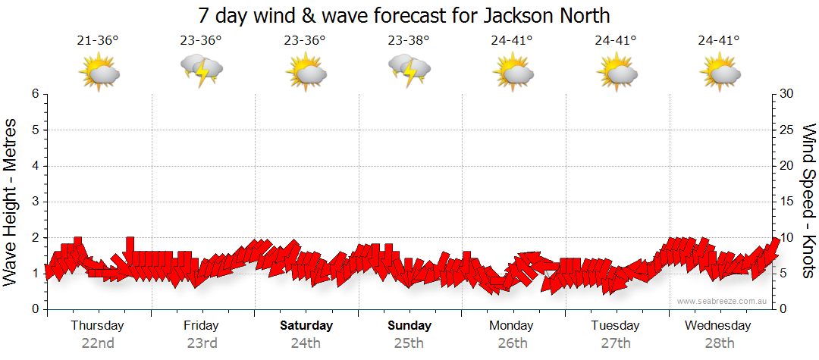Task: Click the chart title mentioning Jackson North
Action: pyautogui.click(x=403, y=15)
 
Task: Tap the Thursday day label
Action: pyautogui.click(x=97, y=326)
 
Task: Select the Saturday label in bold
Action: pyautogui.click(x=306, y=326)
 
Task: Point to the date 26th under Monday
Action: pyautogui.click(x=512, y=343)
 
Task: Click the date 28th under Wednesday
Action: pyautogui.click(x=719, y=343)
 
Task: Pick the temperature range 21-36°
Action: pyautogui.click(x=98, y=41)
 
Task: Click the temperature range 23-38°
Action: pyautogui.click(x=409, y=41)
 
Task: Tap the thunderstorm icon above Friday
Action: pyautogui.click(x=202, y=71)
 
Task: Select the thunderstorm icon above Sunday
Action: pyautogui.click(x=409, y=71)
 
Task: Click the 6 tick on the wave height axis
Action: pyautogui.click(x=35, y=94)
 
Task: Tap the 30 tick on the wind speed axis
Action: pyautogui.click(x=788, y=94)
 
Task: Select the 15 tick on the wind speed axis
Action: pyautogui.click(x=787, y=202)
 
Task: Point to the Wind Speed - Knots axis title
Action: pyautogui.click(x=808, y=201)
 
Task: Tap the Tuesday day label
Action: pyautogui.click(x=615, y=326)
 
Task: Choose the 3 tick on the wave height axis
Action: pyautogui.click(x=35, y=202)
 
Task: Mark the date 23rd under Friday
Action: pyautogui.click(x=202, y=343)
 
